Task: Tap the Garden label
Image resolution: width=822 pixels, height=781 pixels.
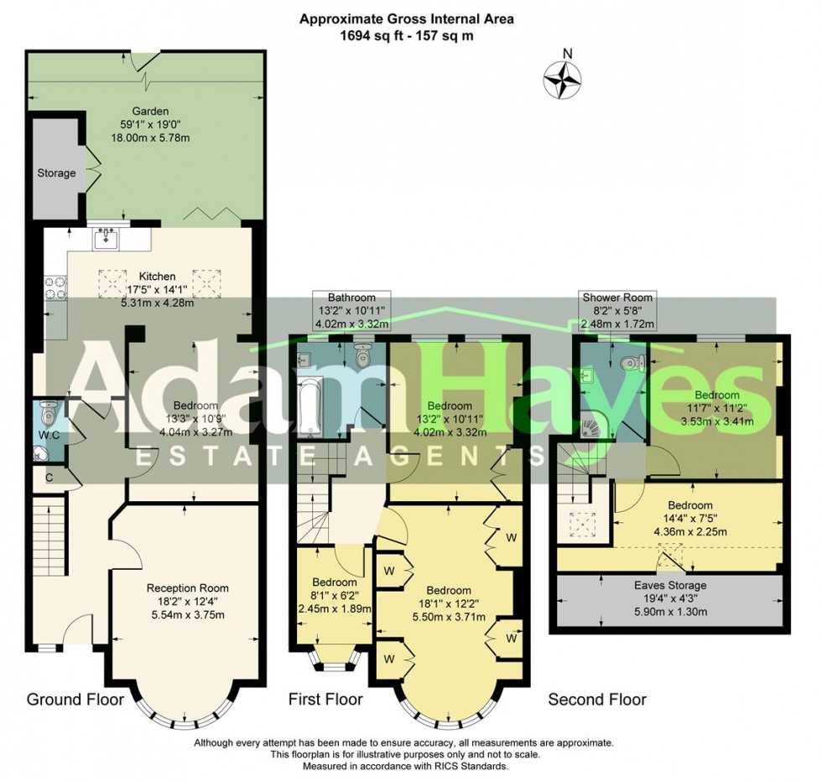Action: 149,111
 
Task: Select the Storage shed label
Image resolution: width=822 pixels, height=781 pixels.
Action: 56,173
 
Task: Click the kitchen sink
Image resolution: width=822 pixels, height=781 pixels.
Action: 106,240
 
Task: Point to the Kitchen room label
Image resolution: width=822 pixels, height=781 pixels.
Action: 157,276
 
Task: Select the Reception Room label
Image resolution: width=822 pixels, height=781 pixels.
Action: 187,587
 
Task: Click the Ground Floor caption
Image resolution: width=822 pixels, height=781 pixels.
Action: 75,699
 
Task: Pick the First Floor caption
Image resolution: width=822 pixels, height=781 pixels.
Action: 325,699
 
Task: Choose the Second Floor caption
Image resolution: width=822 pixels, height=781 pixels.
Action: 597,699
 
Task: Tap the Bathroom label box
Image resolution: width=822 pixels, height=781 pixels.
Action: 351,310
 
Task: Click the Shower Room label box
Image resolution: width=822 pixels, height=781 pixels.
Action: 618,310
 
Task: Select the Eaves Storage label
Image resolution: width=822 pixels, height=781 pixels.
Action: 669,585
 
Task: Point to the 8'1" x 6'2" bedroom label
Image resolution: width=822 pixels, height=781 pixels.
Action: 334,595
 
